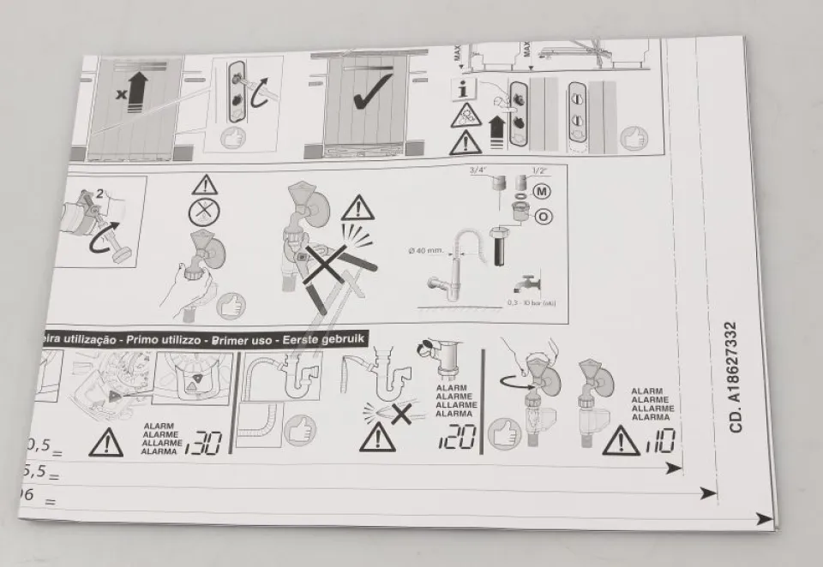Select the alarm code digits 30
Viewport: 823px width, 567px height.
tap(203, 442)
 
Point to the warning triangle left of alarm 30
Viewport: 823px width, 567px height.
tap(105, 442)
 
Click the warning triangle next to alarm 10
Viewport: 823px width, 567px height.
tap(620, 441)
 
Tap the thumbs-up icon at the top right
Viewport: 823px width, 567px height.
tap(634, 137)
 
